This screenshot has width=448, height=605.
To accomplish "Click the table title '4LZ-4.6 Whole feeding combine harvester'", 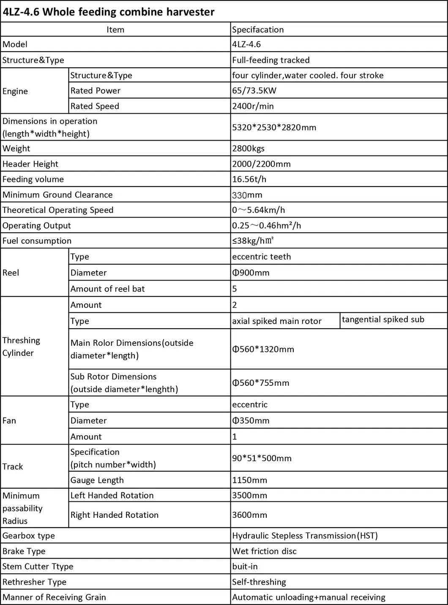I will tap(109, 12).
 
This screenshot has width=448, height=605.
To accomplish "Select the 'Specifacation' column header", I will tap(258, 30).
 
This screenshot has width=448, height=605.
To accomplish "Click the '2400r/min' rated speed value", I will tap(253, 106).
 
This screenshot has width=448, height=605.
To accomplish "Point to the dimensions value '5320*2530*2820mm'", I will tap(274, 127).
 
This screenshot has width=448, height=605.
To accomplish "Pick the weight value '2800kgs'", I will tap(248, 148).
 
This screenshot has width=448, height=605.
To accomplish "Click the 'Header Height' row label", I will tap(30, 164).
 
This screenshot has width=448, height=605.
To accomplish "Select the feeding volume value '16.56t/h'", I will tap(249, 179).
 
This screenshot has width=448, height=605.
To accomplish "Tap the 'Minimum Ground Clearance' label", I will tap(57, 195).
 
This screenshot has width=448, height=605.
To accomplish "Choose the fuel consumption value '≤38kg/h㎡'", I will tap(253, 241).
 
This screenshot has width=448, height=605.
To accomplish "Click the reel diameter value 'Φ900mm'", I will tap(251, 273).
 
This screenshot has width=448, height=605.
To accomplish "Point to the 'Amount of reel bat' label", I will tap(107, 289).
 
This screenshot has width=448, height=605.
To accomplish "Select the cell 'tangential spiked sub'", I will tap(383, 319).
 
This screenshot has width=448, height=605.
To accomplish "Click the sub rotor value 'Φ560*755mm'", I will tap(260, 383).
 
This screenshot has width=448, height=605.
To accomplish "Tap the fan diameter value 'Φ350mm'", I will tap(251, 421).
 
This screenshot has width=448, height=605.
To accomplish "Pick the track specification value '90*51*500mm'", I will tap(262, 458).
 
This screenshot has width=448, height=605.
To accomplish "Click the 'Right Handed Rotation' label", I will tap(114, 515).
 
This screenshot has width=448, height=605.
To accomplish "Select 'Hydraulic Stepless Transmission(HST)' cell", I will tap(305, 536).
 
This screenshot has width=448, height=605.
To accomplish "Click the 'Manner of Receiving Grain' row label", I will tap(54, 597).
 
